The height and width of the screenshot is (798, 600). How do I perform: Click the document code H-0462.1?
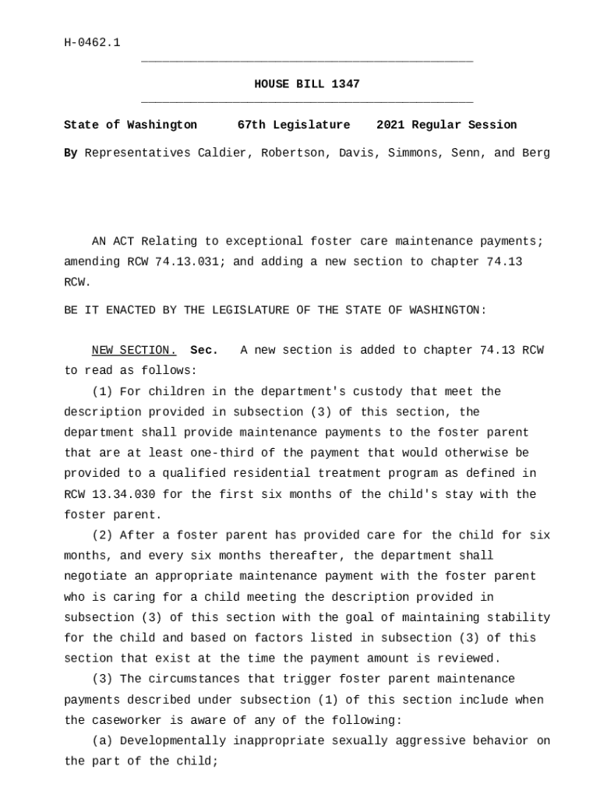tap(92, 42)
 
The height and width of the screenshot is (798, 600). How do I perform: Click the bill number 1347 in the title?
tap(345, 84)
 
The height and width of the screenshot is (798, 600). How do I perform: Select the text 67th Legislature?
tap(294, 125)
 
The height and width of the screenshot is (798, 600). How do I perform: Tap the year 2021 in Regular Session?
tap(390, 125)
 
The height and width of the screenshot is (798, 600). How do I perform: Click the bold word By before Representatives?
tap(70, 153)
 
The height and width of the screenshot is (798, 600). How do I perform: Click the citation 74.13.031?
tap(190, 262)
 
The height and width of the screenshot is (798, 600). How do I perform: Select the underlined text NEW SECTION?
tap(134, 351)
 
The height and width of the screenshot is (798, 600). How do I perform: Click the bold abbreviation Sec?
tap(204, 351)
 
